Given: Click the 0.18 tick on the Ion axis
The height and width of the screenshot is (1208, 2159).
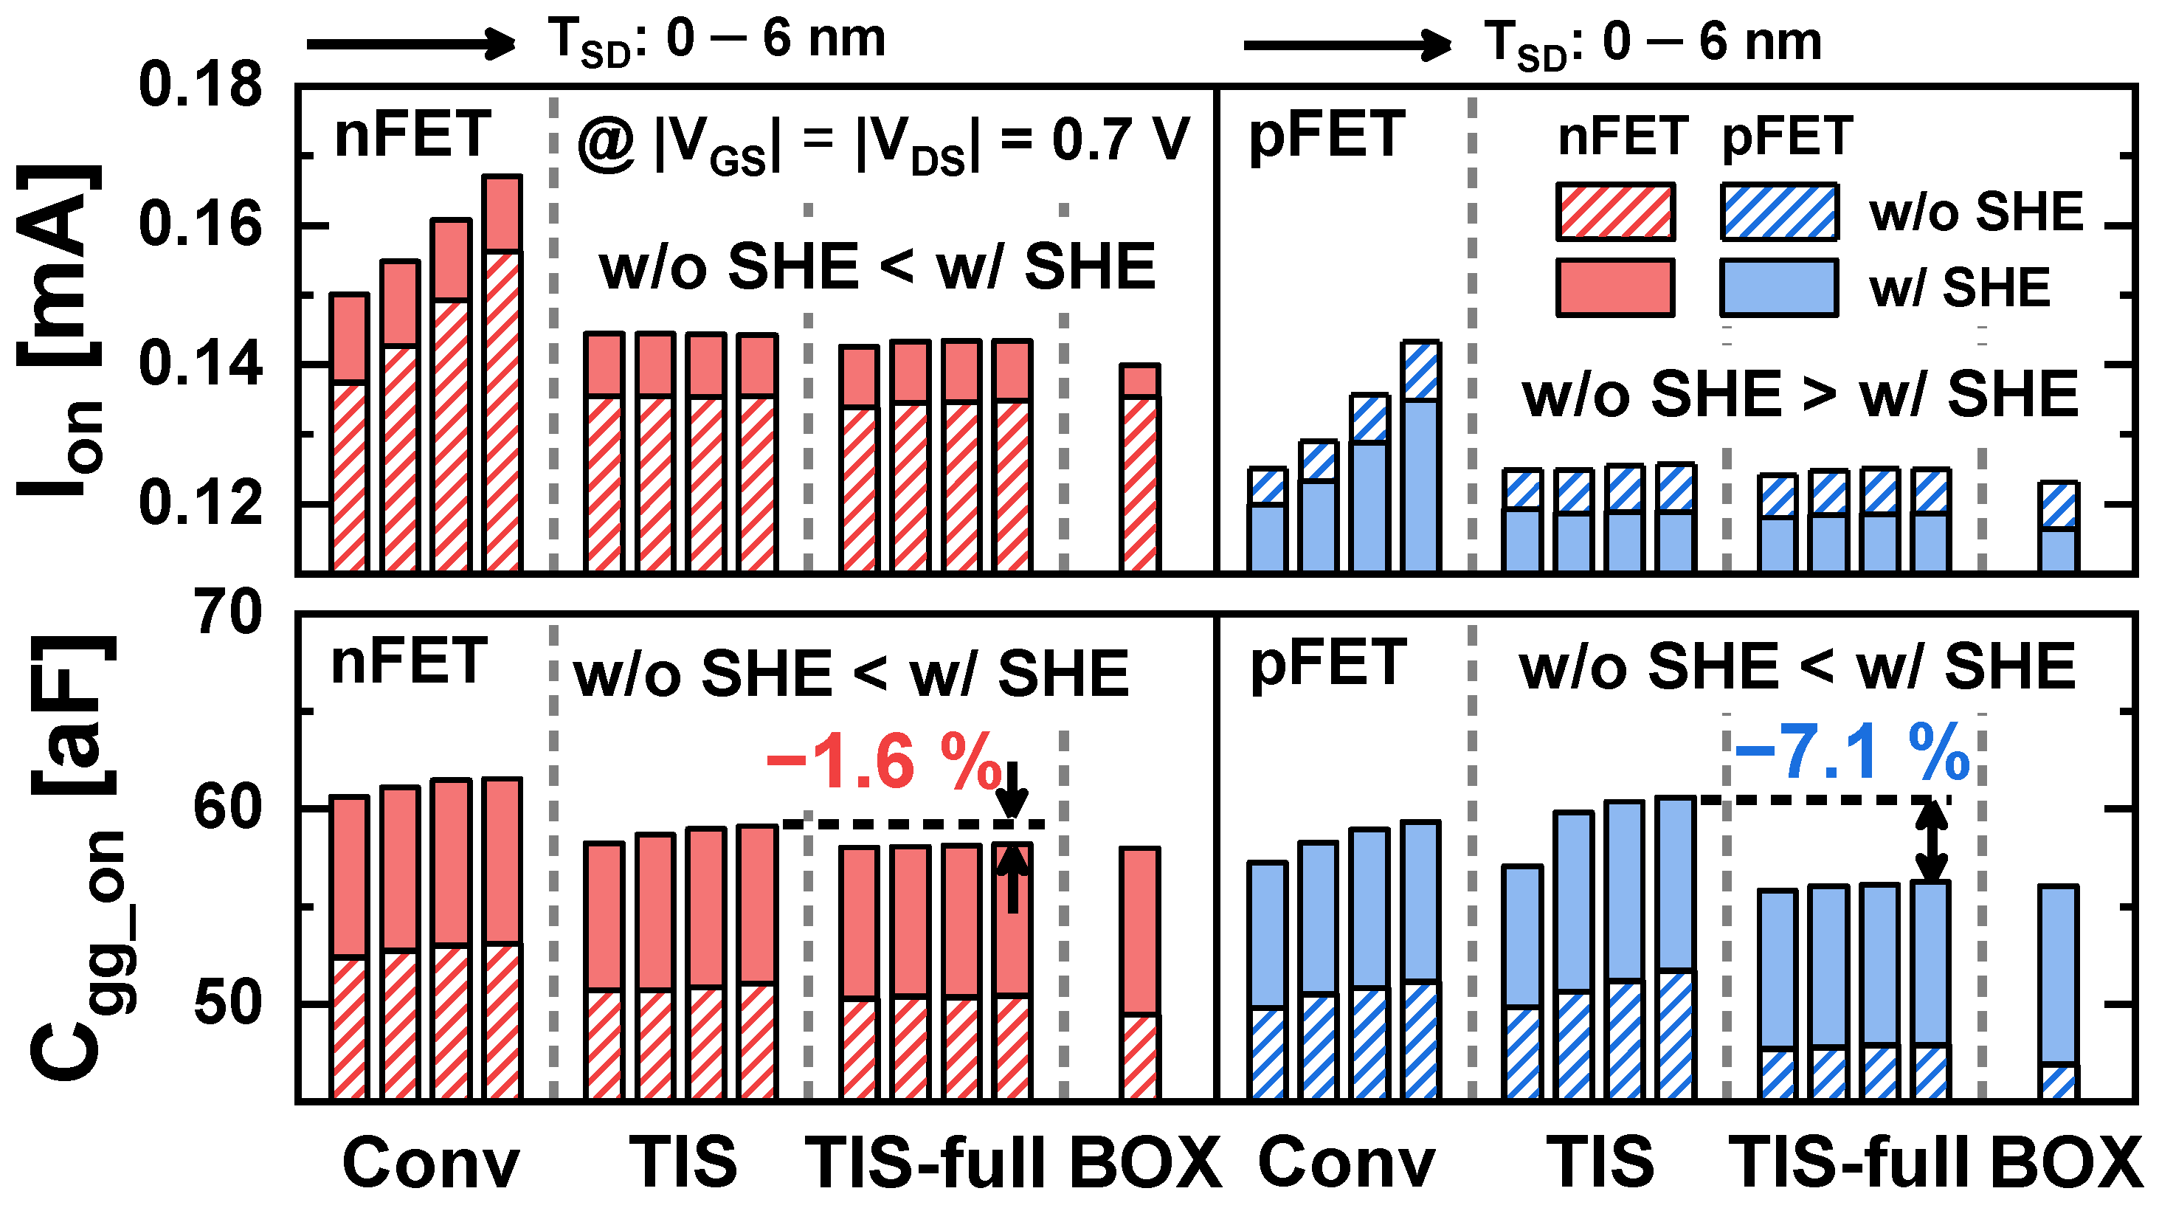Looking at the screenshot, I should (x=199, y=86).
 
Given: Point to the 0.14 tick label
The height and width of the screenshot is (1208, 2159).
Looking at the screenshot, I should (x=199, y=365).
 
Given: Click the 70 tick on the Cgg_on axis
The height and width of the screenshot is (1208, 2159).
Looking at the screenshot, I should (x=227, y=614).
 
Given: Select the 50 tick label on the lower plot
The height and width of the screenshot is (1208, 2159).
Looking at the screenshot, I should (x=227, y=1004).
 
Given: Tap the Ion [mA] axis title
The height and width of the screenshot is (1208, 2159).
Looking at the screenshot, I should (x=59, y=331).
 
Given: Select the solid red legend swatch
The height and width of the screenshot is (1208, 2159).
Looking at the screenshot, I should (x=1614, y=288).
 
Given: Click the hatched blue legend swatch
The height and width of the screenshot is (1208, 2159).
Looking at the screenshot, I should (x=1778, y=211).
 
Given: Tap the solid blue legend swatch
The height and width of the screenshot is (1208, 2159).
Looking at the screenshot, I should (x=1778, y=288).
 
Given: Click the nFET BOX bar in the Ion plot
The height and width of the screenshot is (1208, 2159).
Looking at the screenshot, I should (x=1140, y=469).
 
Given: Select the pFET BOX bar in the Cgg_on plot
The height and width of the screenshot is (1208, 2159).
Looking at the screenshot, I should (x=2058, y=992).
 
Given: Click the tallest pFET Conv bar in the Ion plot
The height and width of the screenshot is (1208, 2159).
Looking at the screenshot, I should (x=1420, y=457).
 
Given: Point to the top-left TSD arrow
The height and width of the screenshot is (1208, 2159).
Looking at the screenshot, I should (x=411, y=43).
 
